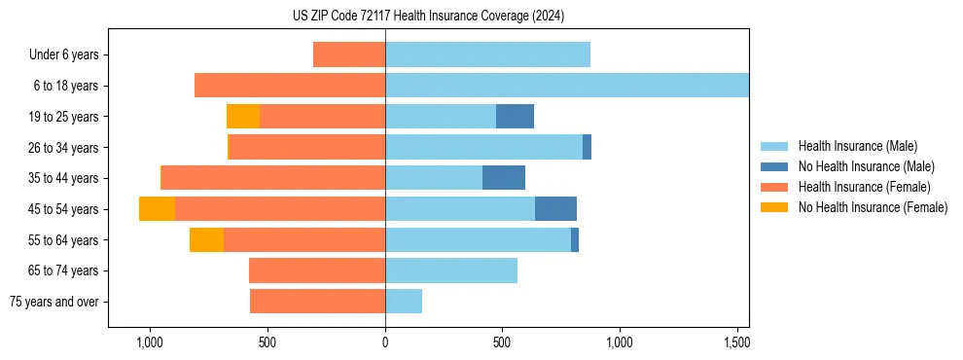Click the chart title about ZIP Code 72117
point(428,16)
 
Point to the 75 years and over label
point(54,302)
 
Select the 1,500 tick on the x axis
point(736,342)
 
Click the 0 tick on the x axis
point(385,342)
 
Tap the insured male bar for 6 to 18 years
point(566,86)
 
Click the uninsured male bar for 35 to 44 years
point(504,178)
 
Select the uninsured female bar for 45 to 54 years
point(157,209)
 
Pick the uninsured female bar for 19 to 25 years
point(243,117)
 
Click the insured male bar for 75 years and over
point(404,302)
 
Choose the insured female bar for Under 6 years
point(349,55)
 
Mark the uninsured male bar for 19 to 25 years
point(515,117)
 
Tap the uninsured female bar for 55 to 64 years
point(206,240)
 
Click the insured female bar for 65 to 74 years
point(317,270)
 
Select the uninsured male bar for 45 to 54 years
point(555,209)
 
